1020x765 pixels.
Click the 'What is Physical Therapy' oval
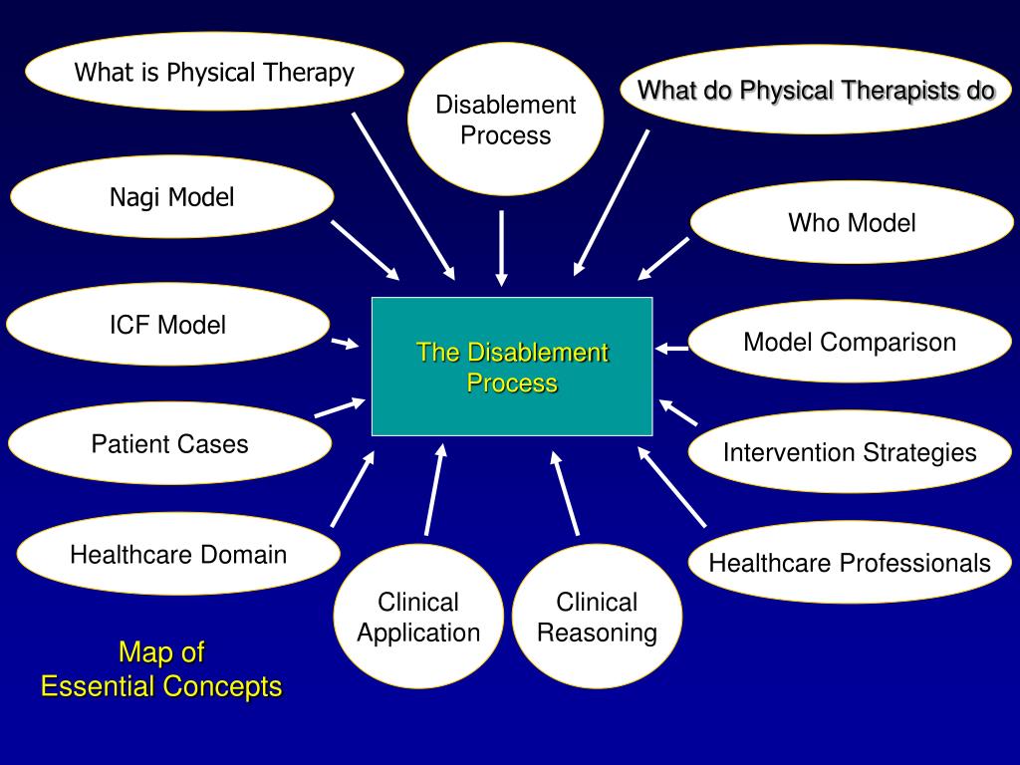[214, 72]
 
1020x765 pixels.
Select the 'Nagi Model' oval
[171, 197]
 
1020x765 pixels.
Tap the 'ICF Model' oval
[167, 325]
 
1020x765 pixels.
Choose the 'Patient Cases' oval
[169, 443]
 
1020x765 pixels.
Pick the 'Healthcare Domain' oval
[178, 554]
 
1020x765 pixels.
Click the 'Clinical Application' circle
[418, 618]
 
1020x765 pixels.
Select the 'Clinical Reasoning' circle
[597, 618]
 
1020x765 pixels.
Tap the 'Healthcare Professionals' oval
[850, 563]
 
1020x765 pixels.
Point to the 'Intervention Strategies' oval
[850, 452]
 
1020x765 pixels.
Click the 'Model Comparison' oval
[850, 343]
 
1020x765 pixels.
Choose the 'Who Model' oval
[852, 222]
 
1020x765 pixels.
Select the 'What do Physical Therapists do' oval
[816, 91]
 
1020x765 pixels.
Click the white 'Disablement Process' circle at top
[506, 120]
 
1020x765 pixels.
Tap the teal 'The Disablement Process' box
[512, 367]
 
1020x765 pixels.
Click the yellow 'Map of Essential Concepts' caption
[161, 669]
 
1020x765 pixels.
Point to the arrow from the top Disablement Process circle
[502, 247]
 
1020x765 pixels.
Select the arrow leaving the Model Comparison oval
[672, 348]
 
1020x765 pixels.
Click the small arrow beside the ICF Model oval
[345, 344]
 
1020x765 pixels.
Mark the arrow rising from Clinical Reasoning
[565, 492]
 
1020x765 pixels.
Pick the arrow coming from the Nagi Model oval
[365, 250]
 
